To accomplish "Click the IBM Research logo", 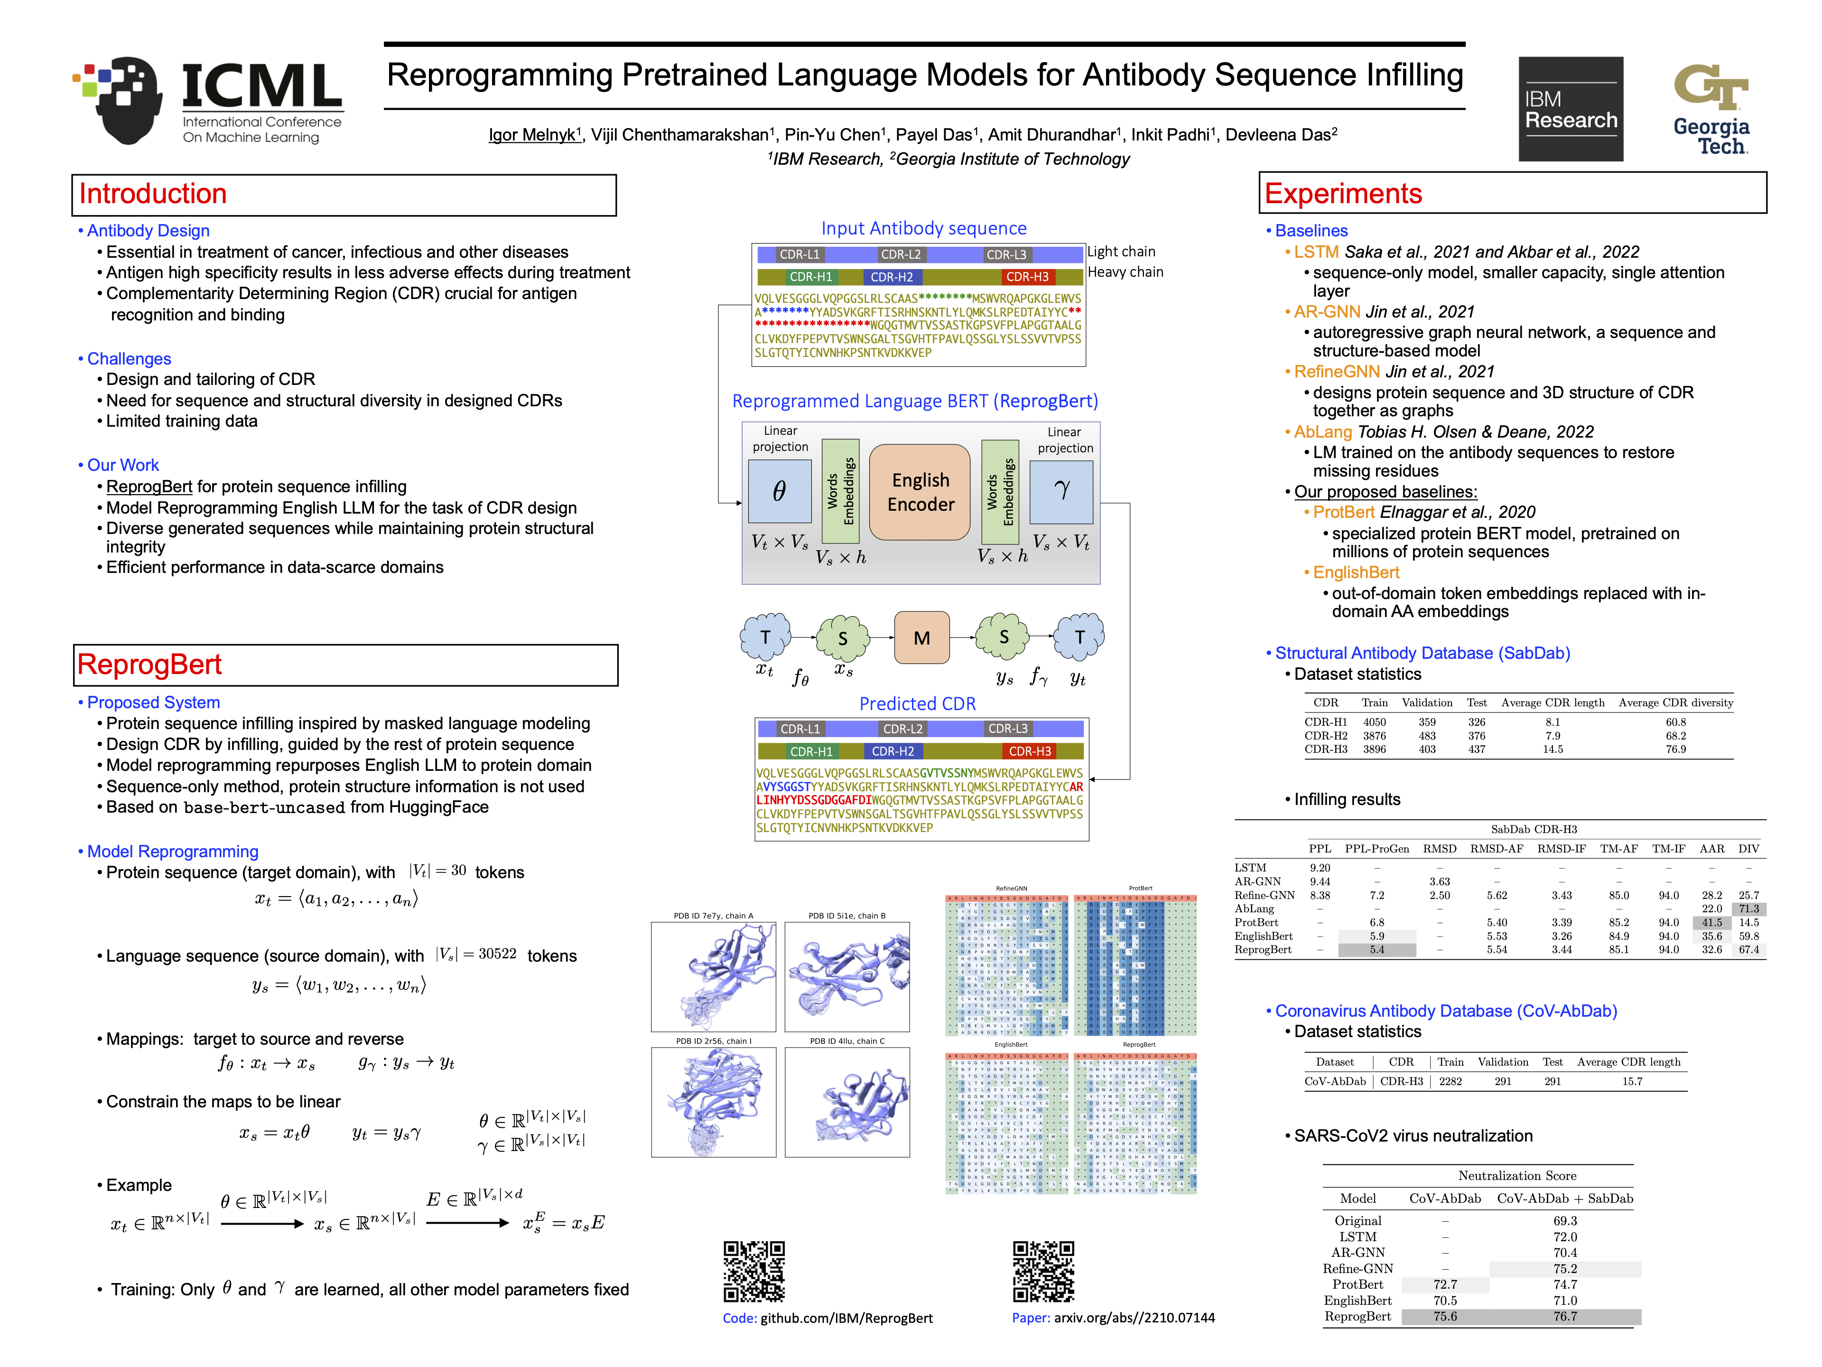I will pyautogui.click(x=1570, y=109).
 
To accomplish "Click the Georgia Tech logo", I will pyautogui.click(x=1711, y=109).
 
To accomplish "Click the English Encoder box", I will pyautogui.click(x=920, y=492).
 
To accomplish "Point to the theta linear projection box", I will pyautogui.click(x=779, y=491).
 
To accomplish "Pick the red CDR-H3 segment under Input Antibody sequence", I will pyautogui.click(x=1027, y=277).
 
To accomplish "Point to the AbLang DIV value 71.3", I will pyautogui.click(x=1748, y=909).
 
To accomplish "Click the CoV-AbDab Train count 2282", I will pyautogui.click(x=1450, y=1081).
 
